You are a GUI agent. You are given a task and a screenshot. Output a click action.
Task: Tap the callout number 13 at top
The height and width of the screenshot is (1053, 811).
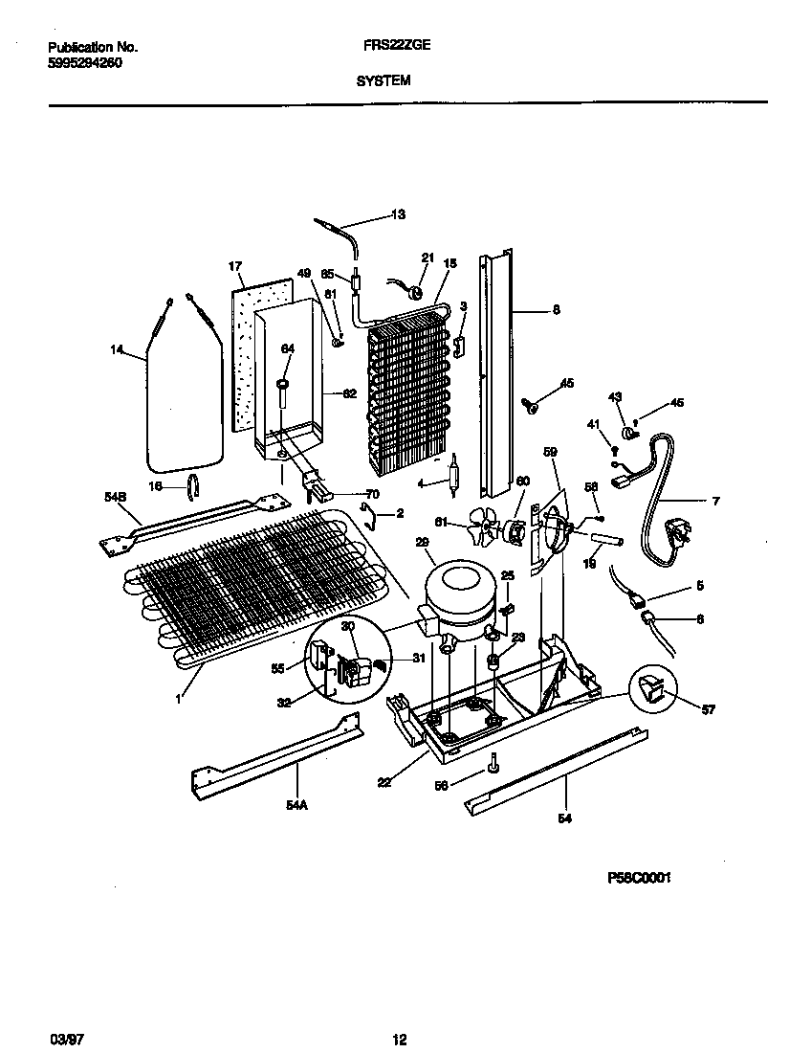pyautogui.click(x=398, y=215)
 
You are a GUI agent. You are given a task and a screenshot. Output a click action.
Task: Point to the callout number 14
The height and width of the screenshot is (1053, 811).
pyautogui.click(x=117, y=351)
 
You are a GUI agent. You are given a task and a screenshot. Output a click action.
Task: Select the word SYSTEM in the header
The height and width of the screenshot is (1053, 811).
pyautogui.click(x=384, y=81)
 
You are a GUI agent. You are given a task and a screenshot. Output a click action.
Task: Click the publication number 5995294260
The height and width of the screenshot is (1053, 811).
pyautogui.click(x=84, y=62)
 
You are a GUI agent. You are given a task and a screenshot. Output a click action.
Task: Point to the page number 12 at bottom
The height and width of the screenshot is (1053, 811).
pyautogui.click(x=400, y=1039)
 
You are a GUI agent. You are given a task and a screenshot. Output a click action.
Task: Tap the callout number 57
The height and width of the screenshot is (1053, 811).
pyautogui.click(x=707, y=709)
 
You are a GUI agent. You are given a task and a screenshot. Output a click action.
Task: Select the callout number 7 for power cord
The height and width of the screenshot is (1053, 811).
pyautogui.click(x=715, y=501)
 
